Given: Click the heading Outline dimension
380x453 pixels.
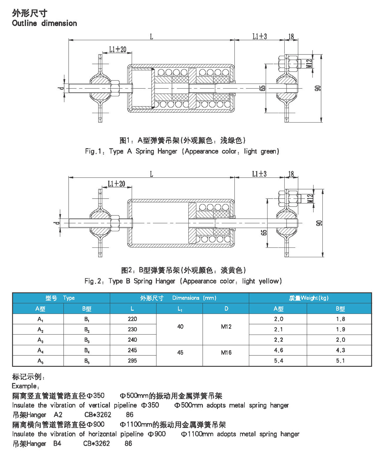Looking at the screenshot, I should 44,23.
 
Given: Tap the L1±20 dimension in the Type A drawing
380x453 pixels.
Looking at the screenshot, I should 117,49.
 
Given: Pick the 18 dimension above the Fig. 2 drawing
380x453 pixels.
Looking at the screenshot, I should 291,174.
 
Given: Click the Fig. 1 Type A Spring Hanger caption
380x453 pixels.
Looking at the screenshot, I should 182,151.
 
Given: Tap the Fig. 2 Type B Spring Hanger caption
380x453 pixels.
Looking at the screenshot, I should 183,281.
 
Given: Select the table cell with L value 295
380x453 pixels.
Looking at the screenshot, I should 132,360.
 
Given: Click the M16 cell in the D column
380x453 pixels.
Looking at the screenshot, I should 226,352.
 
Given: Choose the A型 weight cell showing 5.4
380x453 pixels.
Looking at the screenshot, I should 278,360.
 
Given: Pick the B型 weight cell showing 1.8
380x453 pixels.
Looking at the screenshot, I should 340,319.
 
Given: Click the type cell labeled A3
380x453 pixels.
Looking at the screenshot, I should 40,340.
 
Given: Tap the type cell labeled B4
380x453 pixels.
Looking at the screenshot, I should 87,350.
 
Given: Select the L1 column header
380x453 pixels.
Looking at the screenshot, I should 180,309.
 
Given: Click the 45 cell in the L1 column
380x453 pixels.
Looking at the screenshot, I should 180,352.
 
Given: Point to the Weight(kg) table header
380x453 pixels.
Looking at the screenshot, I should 309,298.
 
